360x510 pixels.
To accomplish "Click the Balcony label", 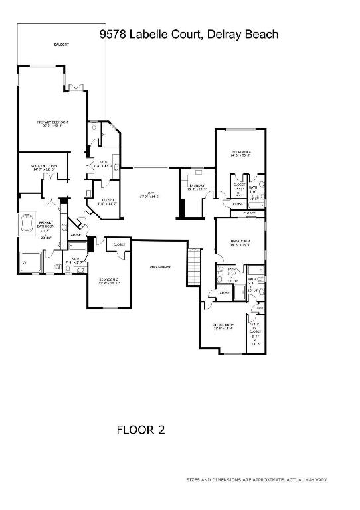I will (x=61, y=44).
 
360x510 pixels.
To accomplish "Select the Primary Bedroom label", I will (x=52, y=123).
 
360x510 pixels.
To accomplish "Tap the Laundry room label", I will (x=197, y=187).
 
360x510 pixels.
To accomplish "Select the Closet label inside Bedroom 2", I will (x=119, y=244).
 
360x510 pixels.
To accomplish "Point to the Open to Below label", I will (x=160, y=266).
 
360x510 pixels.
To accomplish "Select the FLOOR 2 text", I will (x=140, y=430).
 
